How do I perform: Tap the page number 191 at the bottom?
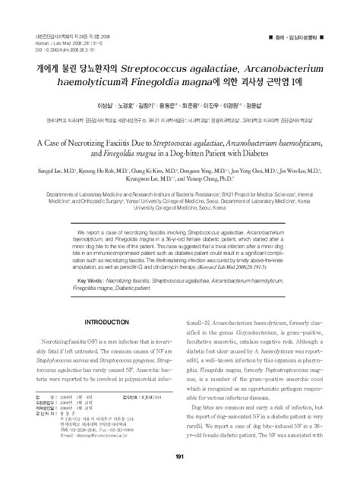(180, 456)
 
